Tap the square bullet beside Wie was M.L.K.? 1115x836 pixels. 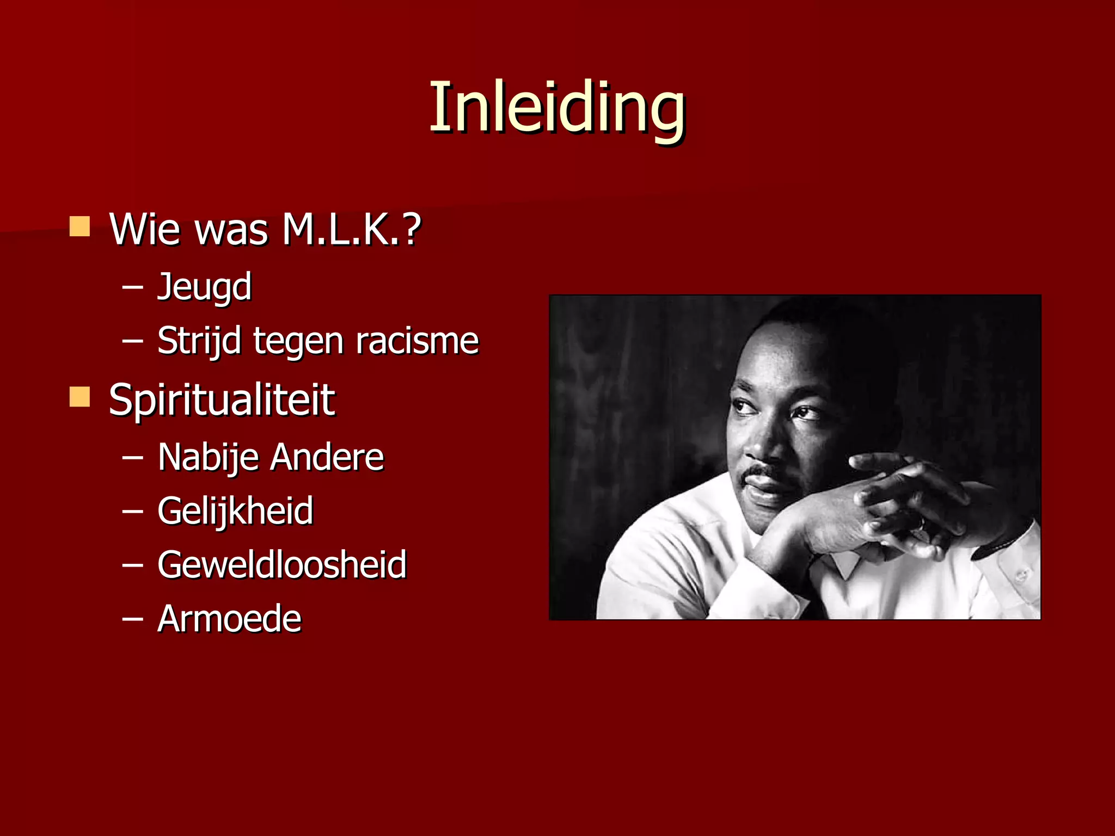(80, 226)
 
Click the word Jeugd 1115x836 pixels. (205, 287)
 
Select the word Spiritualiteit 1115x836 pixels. (222, 400)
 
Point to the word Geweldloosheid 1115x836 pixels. (282, 564)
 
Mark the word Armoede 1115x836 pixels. (229, 619)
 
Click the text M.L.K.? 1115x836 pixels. (352, 229)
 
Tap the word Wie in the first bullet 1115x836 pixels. (145, 229)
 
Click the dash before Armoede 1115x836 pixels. (132, 619)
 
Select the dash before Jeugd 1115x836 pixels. (132, 287)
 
